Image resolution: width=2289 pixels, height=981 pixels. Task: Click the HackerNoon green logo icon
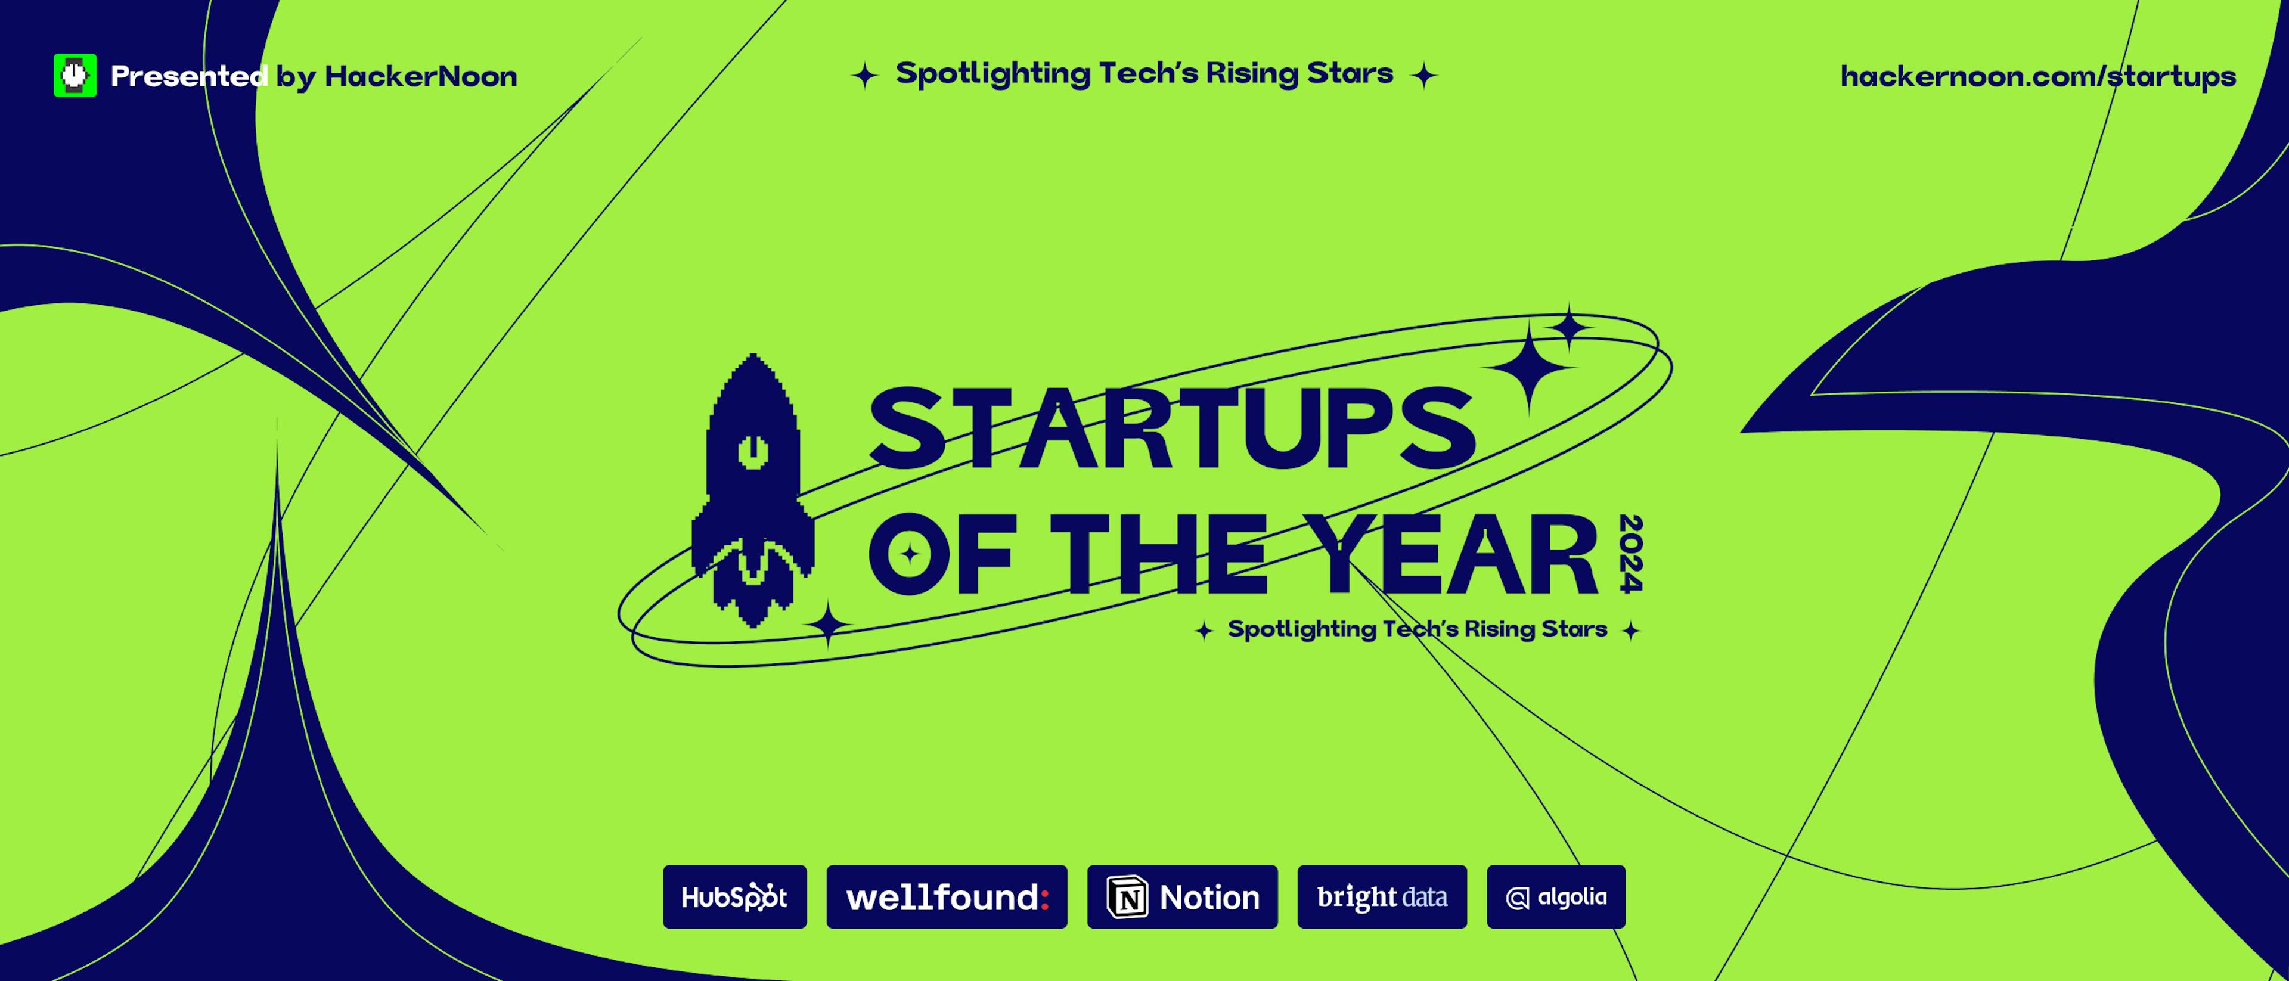click(75, 76)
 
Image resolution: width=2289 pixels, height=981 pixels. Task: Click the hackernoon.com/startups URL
click(2037, 76)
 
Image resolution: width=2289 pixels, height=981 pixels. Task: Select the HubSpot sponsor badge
click(734, 896)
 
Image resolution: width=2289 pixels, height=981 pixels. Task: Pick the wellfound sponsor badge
click(947, 896)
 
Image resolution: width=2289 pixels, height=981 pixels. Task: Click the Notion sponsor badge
click(1182, 896)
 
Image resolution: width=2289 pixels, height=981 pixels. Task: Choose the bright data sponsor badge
click(1382, 896)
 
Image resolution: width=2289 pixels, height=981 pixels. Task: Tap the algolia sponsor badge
click(1556, 896)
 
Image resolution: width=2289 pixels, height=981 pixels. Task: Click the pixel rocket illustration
click(753, 489)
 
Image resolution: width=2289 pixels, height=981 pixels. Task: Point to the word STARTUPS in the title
click(1171, 429)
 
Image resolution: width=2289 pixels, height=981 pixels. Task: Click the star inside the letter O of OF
click(909, 554)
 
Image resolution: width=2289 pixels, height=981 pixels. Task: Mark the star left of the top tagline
click(864, 76)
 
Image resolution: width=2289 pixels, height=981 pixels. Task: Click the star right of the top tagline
click(1423, 76)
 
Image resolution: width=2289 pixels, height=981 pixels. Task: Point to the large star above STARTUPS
click(1528, 366)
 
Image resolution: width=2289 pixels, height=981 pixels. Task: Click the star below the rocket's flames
click(828, 624)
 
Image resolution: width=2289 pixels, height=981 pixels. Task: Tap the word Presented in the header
click(188, 76)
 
